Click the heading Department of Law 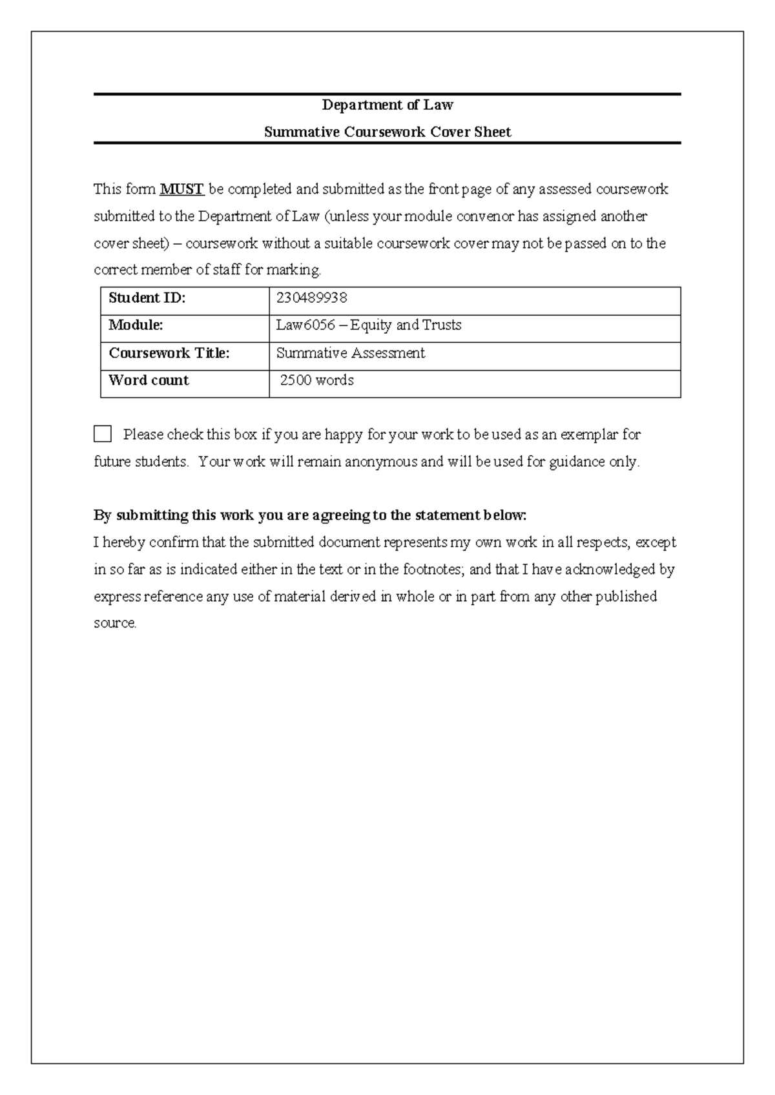click(x=387, y=105)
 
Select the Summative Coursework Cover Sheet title click(x=387, y=132)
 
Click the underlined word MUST click(x=181, y=189)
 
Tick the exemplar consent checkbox click(x=103, y=434)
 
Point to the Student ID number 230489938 click(x=311, y=298)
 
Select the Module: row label click(x=136, y=325)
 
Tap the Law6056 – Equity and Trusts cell click(x=369, y=325)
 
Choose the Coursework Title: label click(x=169, y=353)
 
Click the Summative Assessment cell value click(x=351, y=353)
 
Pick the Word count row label click(x=149, y=380)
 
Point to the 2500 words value click(x=316, y=380)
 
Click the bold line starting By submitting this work click(x=310, y=515)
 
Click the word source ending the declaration click(x=114, y=624)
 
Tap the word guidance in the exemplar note click(x=577, y=462)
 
